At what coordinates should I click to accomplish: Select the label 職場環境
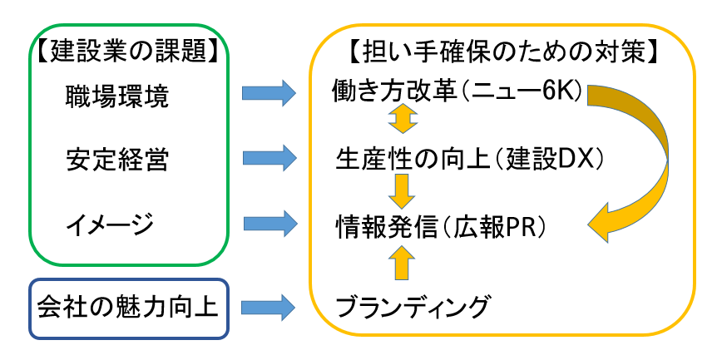pos(116,98)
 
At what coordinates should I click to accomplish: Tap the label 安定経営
pos(116,159)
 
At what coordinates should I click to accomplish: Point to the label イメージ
pos(110,223)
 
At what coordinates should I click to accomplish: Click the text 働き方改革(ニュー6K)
pos(459,93)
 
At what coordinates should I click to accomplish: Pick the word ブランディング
pos(412,307)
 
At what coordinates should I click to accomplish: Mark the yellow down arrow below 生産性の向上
pos(402,190)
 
